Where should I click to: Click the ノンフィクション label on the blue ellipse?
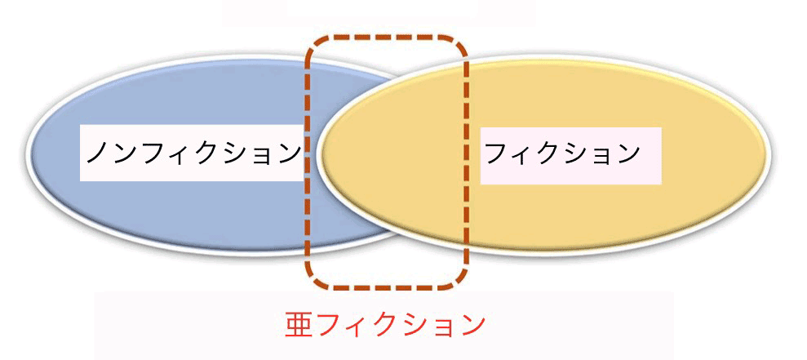pos(192,153)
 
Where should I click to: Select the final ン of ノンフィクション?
pos(285,153)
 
